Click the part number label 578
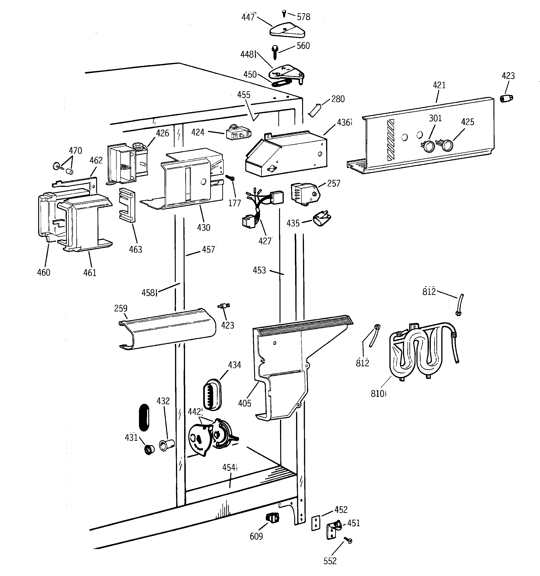point(304,17)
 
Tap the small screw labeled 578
point(284,13)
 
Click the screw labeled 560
point(274,52)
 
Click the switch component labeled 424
point(238,134)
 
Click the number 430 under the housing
point(203,228)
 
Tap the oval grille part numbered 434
point(213,394)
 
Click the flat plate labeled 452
point(315,523)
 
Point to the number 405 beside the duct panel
point(244,403)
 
